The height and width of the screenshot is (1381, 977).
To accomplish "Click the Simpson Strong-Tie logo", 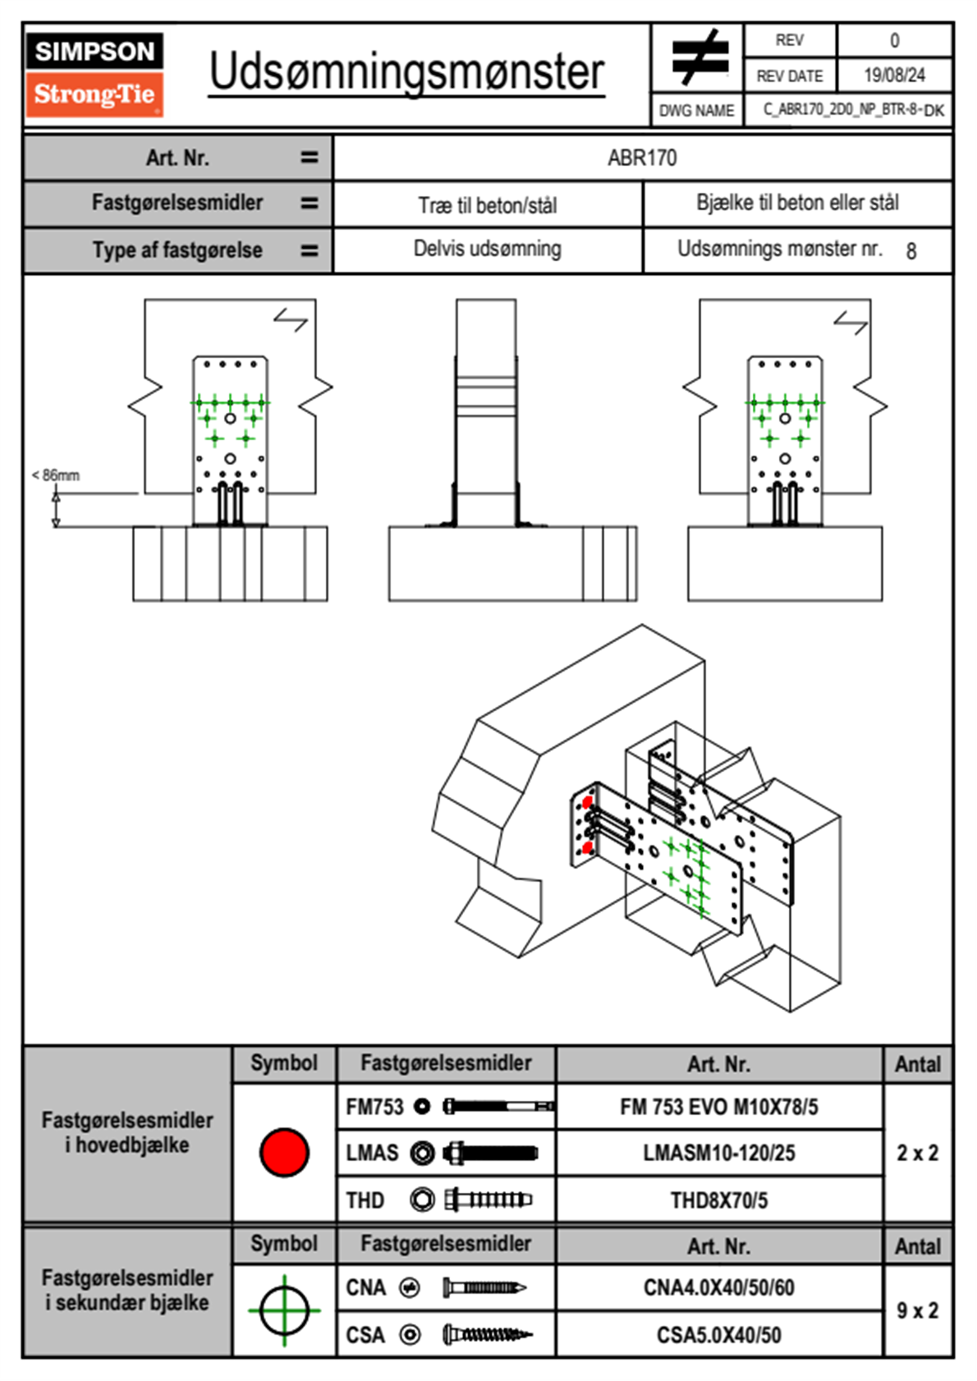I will click(x=94, y=75).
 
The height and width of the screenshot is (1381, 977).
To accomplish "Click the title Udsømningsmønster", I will click(x=406, y=72).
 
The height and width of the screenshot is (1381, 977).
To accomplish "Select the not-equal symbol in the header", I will click(x=699, y=57).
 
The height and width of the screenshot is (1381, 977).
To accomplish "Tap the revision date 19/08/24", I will click(x=894, y=76).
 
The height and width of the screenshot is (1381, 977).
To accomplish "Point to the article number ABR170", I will click(x=642, y=158).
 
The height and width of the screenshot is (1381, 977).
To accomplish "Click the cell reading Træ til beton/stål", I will click(x=488, y=205).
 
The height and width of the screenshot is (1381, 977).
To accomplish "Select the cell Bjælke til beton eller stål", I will click(x=797, y=204).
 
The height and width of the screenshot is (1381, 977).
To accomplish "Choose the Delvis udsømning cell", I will click(x=488, y=249).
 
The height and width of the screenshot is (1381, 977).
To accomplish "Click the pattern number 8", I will click(x=910, y=251).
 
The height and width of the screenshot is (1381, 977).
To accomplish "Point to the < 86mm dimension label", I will click(x=56, y=475).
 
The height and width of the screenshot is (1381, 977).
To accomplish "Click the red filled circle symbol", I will click(x=284, y=1152).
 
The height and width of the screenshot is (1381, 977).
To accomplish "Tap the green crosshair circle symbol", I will click(x=284, y=1310).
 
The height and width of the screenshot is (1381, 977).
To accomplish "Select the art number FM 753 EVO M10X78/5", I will click(x=718, y=1108).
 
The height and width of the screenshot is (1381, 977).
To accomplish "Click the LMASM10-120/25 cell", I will click(x=718, y=1154).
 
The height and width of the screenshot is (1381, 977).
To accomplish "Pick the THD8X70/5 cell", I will click(x=718, y=1200).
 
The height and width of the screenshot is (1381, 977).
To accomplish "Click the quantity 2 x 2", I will click(x=917, y=1153).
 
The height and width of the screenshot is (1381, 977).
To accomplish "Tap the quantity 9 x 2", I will click(x=917, y=1310).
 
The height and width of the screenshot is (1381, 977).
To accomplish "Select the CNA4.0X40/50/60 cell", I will click(x=718, y=1287).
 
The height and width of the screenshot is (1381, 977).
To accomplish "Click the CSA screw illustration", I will click(x=487, y=1335).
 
